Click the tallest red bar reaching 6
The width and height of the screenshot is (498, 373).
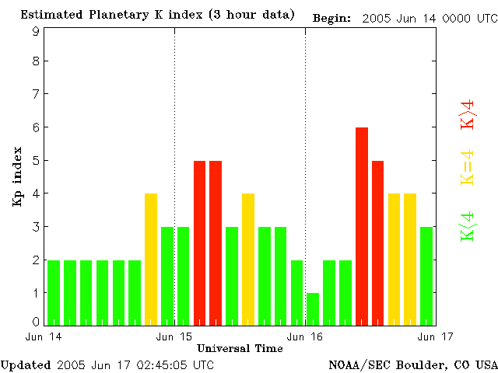click(362, 225)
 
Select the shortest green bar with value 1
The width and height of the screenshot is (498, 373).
click(313, 309)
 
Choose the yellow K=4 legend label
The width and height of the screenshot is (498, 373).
click(468, 167)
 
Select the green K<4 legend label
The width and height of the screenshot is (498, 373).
click(468, 226)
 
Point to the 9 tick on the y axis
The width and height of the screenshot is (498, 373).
click(36, 31)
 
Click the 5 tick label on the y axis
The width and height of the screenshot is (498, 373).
click(36, 161)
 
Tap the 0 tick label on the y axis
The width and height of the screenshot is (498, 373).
click(36, 321)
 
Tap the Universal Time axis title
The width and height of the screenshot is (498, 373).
click(240, 348)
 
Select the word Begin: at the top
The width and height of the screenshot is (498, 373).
click(331, 17)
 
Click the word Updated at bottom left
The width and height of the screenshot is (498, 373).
click(26, 364)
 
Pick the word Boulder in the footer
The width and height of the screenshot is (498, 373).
click(421, 364)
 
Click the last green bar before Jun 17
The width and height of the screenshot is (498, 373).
click(426, 275)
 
